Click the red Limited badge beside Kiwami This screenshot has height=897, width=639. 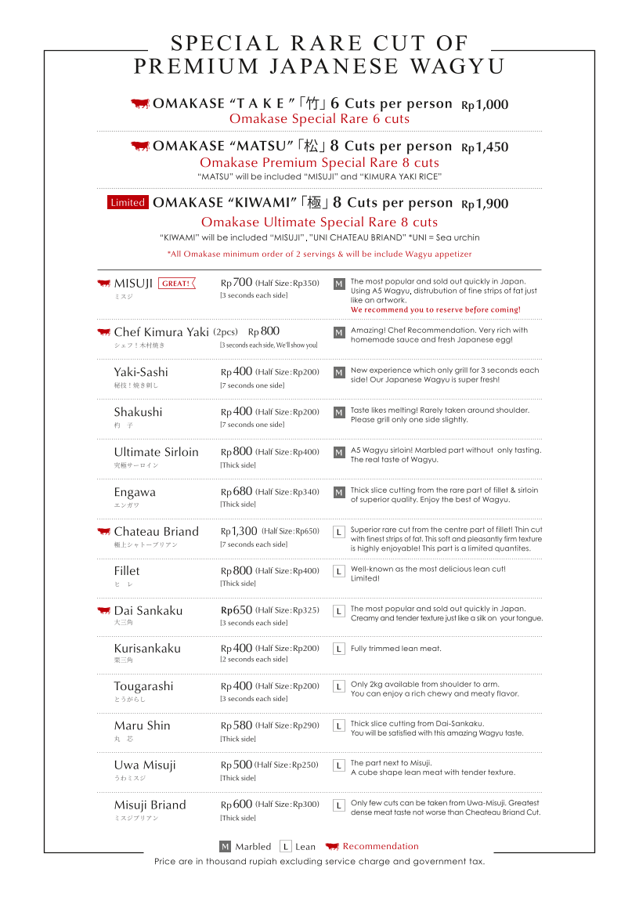click(x=128, y=203)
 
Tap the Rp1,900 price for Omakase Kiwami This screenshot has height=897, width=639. click(x=485, y=204)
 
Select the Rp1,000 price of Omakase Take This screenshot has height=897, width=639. click(x=485, y=105)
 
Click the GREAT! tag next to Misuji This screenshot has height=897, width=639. click(x=177, y=284)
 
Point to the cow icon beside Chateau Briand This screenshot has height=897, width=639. click(x=103, y=531)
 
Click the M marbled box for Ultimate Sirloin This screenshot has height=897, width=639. click(x=339, y=453)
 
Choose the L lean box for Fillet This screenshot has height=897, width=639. click(x=339, y=572)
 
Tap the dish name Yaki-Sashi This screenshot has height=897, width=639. click(x=141, y=372)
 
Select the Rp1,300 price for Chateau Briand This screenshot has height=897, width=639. click(x=239, y=531)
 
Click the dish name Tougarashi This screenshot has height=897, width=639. click(x=143, y=686)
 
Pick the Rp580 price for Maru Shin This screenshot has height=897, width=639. click(x=236, y=725)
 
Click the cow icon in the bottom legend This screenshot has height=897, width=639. click(x=332, y=846)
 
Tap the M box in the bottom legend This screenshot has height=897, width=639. click(x=225, y=847)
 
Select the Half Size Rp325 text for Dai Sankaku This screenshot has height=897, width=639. click(x=287, y=610)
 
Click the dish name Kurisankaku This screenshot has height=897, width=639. click(x=147, y=648)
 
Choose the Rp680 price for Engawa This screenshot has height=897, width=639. click(x=236, y=492)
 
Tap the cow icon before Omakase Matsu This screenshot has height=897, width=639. click(x=139, y=146)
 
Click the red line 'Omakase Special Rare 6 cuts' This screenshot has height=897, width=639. click(x=319, y=119)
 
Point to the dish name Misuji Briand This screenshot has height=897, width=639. click(x=150, y=805)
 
